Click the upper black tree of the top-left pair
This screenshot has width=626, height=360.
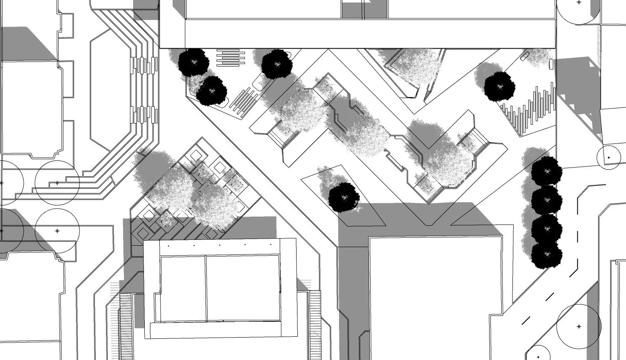(193, 62)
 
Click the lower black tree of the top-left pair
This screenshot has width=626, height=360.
(212, 90)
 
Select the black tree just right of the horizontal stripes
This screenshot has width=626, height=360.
(277, 64)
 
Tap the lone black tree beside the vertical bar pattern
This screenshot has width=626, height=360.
(500, 86)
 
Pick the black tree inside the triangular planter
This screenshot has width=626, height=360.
(344, 197)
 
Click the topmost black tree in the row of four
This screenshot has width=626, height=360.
(547, 170)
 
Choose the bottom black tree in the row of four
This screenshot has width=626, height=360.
(547, 254)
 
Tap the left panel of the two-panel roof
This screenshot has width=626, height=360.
(183, 288)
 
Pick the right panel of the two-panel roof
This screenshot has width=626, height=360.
(242, 288)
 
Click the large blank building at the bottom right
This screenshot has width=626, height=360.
(435, 297)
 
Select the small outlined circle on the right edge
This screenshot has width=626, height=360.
(609, 158)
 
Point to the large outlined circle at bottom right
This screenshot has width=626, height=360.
(579, 326)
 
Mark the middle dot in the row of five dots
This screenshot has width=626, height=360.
(220, 245)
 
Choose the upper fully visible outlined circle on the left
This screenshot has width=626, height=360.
(57, 183)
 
